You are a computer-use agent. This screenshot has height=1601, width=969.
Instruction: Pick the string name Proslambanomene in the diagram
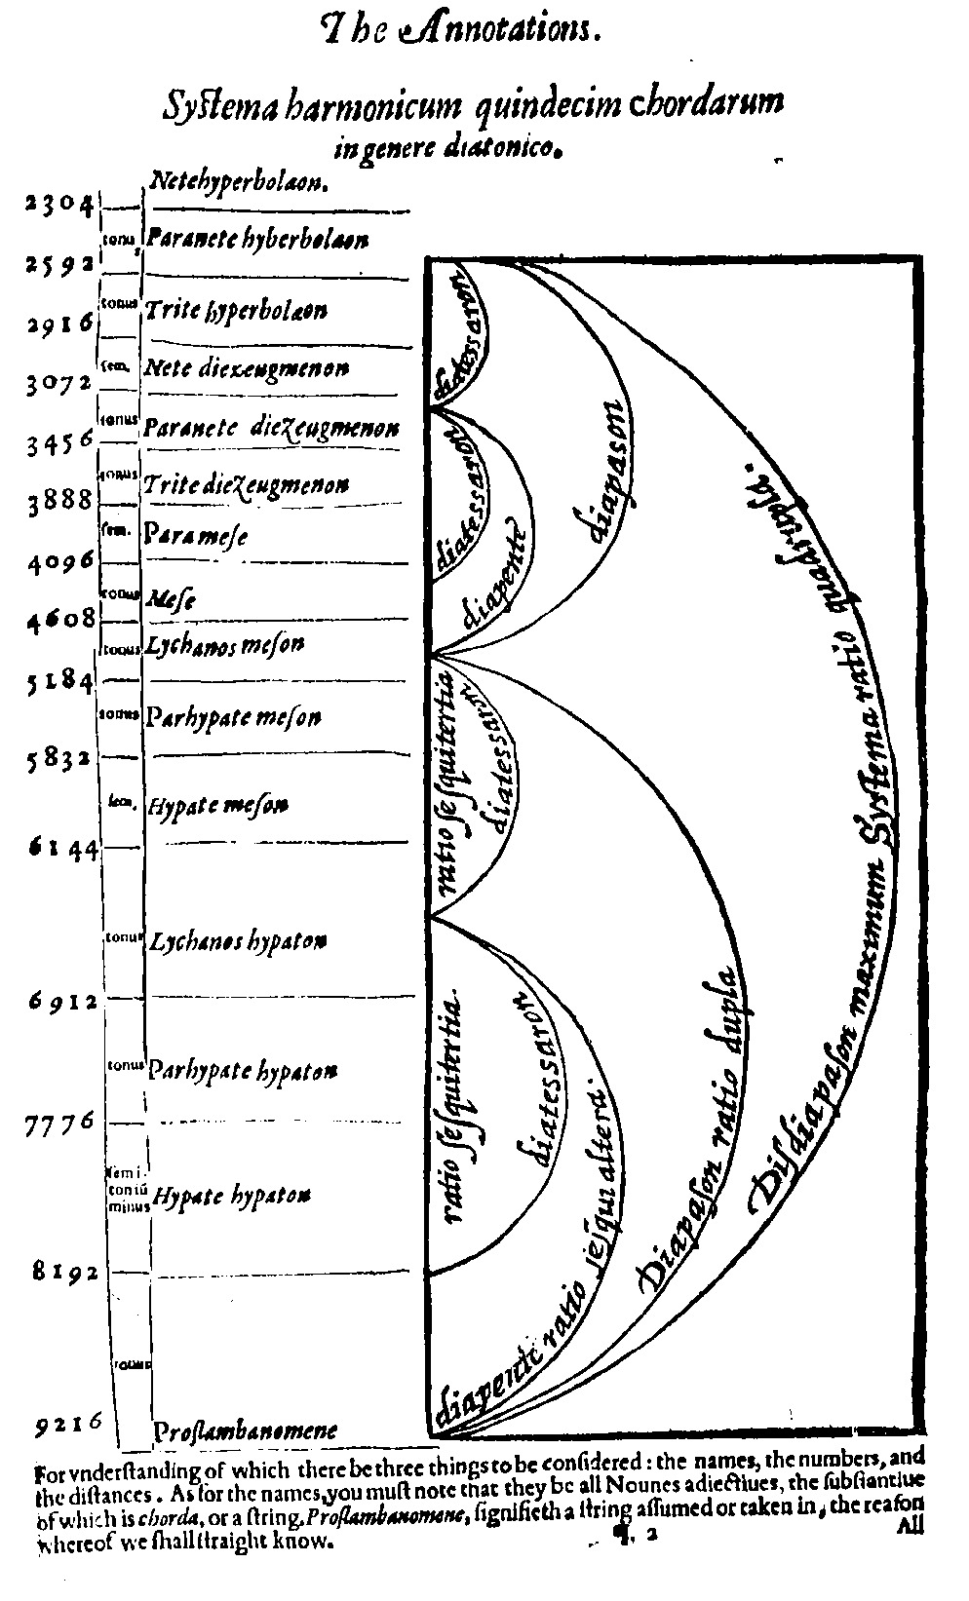click(246, 1430)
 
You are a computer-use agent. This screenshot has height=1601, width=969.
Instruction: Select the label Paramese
click(196, 535)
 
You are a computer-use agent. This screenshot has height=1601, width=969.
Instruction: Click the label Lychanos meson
click(225, 645)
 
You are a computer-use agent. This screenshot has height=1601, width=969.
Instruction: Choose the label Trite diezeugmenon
click(246, 484)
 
